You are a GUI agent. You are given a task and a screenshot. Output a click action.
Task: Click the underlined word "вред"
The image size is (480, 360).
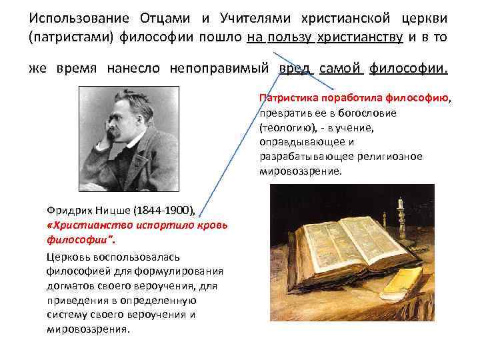[295, 69]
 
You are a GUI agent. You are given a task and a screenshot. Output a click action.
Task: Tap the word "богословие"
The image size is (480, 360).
[369, 113]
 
